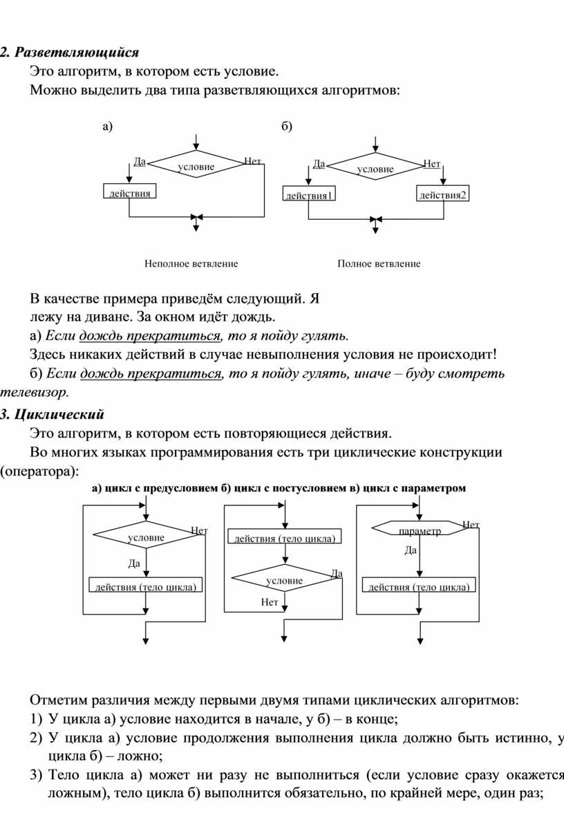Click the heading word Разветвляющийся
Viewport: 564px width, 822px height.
pos(77,53)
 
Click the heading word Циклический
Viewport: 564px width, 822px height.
pos(59,415)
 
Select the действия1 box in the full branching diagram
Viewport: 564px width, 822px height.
pos(309,194)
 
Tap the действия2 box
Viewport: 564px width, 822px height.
pos(442,194)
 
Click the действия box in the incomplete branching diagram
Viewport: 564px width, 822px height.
pos(129,192)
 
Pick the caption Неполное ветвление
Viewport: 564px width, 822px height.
pos(191,263)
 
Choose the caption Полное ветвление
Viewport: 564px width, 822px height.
pos(379,263)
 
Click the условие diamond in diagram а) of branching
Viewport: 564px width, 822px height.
pos(196,165)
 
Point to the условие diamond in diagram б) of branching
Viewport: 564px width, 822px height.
pos(375,167)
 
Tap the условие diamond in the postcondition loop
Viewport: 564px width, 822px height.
pos(285,578)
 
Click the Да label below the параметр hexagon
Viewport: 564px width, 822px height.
pos(411,550)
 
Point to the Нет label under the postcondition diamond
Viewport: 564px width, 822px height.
pos(270,602)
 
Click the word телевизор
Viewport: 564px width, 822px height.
pos(35,391)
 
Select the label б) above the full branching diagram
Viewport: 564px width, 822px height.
pos(287,126)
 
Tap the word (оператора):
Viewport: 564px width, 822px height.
pos(39,471)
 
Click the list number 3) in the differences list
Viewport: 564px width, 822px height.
pos(36,775)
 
